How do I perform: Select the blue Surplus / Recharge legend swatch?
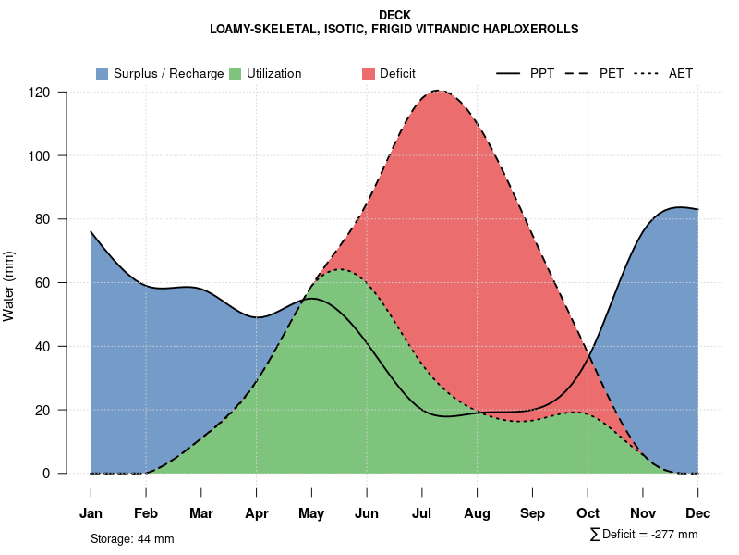click(x=103, y=73)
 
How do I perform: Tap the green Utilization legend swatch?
click(x=236, y=73)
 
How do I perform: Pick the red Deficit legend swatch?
click(x=369, y=73)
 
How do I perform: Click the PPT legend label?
click(x=542, y=73)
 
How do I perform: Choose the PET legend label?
click(x=612, y=73)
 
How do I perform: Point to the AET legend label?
click(x=681, y=73)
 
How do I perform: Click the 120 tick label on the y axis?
click(x=39, y=92)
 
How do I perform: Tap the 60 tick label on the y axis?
click(x=42, y=283)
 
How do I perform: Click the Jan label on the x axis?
click(x=91, y=513)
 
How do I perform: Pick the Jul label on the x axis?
click(x=422, y=513)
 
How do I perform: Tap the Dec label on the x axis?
click(x=698, y=513)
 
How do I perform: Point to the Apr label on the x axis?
click(x=257, y=513)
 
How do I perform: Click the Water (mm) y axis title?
click(x=9, y=286)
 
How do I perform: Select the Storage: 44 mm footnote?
click(x=132, y=538)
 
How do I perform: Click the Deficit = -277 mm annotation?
click(x=648, y=535)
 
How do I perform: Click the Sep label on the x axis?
click(x=533, y=513)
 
